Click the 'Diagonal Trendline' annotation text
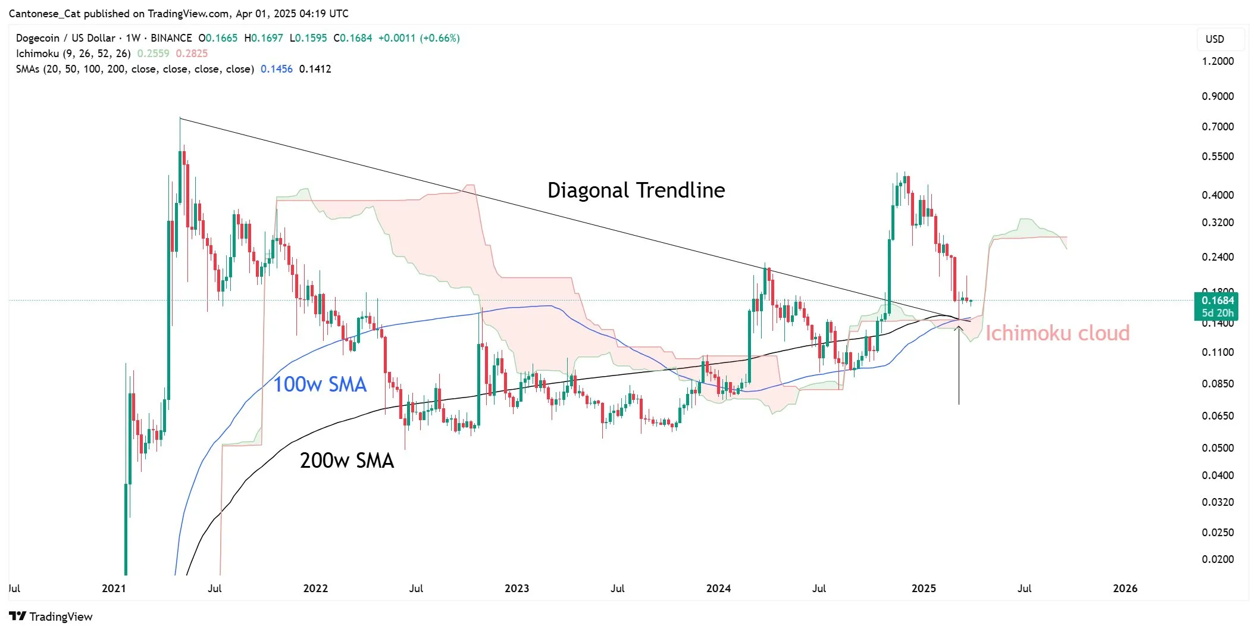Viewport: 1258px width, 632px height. coord(636,190)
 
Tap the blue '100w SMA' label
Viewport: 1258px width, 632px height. coord(320,384)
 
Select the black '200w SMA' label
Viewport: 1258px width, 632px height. coord(346,461)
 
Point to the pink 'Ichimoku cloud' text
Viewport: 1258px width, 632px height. coord(1057,333)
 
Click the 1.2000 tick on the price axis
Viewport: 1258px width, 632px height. coord(1218,61)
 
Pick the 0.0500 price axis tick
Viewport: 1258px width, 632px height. coord(1218,448)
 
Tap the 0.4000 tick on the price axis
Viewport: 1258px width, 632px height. coord(1218,195)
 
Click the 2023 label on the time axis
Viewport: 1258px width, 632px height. coord(517,589)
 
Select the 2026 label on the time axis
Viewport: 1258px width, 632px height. coord(1125,589)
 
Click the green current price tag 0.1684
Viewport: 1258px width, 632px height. coord(1217,301)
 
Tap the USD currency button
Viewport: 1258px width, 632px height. coord(1215,39)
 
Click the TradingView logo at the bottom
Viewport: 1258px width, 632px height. coord(51,617)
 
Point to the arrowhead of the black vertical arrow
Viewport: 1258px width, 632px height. coord(959,327)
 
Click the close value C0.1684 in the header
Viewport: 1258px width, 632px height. coord(353,38)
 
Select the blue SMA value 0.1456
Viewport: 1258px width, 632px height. coord(277,69)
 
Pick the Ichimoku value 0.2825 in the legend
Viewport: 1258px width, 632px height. coord(192,54)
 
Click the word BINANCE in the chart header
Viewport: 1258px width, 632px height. coord(171,38)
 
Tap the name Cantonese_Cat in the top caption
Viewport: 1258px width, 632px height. coord(45,13)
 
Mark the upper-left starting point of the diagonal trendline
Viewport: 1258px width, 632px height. coord(180,118)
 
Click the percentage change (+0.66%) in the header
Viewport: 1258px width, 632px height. coord(440,38)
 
